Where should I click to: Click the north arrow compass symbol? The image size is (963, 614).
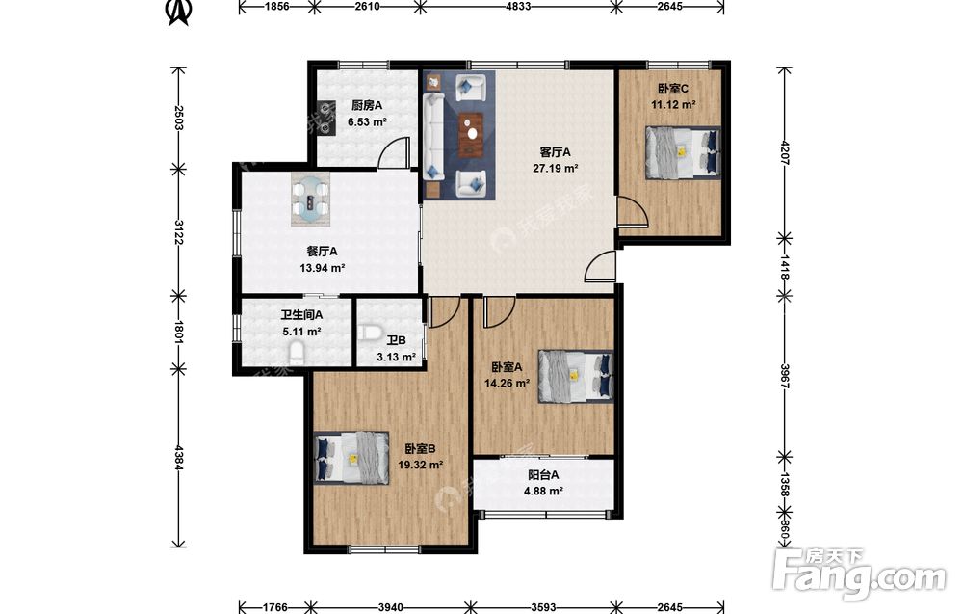coord(179,13)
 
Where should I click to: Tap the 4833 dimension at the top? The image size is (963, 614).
coord(518,6)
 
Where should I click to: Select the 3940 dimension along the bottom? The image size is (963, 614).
coord(391,608)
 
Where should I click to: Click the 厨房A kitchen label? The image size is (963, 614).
coord(367,105)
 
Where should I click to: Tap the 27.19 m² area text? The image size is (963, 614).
coord(556,168)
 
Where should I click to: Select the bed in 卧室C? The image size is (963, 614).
coord(683,152)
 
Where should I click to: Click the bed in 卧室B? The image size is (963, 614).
coord(351,457)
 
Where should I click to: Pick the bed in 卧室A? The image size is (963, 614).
coord(576,376)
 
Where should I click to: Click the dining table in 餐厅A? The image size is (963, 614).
coord(311,200)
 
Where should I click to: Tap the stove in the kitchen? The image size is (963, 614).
coord(324,118)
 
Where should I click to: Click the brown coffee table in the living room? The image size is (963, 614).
coord(471,135)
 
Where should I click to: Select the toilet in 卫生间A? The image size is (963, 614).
coord(296,354)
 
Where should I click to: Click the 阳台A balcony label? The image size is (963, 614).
coord(543,475)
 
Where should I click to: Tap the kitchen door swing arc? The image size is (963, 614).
coord(394,151)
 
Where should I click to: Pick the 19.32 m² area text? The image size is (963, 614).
coord(421,466)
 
